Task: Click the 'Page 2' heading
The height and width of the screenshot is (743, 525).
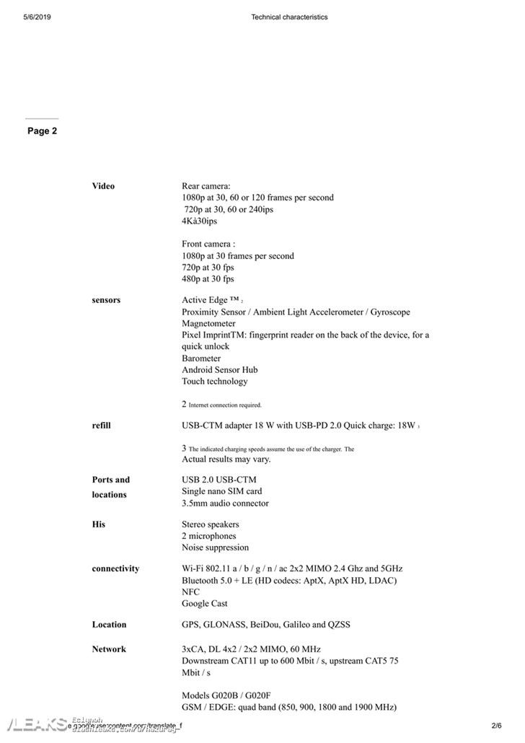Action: (x=42, y=131)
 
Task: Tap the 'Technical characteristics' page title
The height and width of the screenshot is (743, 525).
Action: (x=289, y=17)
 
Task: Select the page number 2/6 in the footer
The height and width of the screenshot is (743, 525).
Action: (x=496, y=725)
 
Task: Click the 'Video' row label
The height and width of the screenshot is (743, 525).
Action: (x=103, y=186)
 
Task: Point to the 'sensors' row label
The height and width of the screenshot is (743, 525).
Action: (x=106, y=300)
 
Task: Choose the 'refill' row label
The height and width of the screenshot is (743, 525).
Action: (x=101, y=426)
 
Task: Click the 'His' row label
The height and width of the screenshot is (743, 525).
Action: (x=99, y=524)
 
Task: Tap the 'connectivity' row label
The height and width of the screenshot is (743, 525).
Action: (x=115, y=568)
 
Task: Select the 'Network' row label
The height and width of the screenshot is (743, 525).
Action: (x=109, y=649)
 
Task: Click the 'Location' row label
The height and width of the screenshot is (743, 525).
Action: (x=109, y=625)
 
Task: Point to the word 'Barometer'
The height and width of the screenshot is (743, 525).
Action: (x=201, y=359)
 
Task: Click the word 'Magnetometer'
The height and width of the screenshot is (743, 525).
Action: (x=208, y=324)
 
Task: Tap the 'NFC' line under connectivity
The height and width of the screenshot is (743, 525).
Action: (x=190, y=592)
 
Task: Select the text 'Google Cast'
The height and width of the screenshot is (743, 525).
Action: (x=205, y=604)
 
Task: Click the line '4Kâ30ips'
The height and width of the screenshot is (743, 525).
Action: (x=199, y=221)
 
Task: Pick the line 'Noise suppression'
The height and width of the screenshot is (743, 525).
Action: (x=215, y=548)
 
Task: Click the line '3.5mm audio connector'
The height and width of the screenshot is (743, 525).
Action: (x=225, y=504)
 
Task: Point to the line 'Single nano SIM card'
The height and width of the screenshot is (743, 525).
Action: (x=221, y=491)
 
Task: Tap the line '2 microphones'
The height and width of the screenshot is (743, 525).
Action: (x=208, y=537)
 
